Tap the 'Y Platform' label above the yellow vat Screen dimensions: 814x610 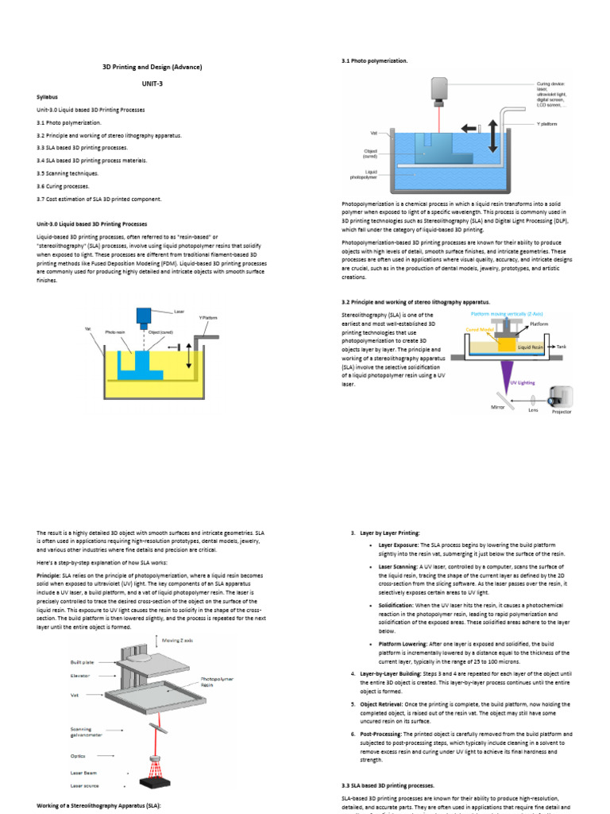[x=209, y=317]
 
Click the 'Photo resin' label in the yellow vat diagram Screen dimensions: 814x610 [x=115, y=332]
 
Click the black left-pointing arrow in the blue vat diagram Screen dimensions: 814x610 [x=472, y=126]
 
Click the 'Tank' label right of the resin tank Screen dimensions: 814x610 [x=562, y=347]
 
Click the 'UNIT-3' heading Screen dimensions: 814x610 [x=152, y=82]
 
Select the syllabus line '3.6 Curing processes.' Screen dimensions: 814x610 [x=68, y=186]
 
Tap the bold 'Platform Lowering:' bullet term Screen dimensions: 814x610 [x=407, y=643]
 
